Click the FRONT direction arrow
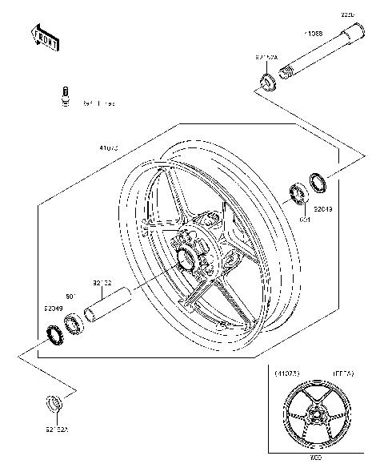45,38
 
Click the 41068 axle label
313,34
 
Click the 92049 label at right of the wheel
323,210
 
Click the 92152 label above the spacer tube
102,282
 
